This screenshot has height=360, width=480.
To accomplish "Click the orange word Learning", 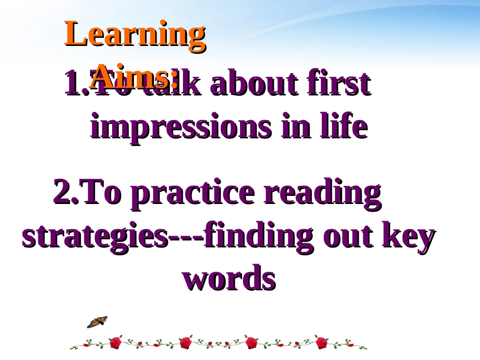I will point(135,35).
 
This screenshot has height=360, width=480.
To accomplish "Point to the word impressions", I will point(181,128).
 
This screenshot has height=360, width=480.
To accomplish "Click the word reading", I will point(322,194).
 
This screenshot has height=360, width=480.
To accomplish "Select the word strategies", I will point(94,236).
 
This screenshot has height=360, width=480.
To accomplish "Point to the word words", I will point(229,279).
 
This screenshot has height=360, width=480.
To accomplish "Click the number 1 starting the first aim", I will point(72,84).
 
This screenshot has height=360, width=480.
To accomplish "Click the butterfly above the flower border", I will point(97,322).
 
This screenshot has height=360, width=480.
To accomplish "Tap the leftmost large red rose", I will point(116,343).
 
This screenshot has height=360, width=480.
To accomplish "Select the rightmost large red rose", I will point(322,343).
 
